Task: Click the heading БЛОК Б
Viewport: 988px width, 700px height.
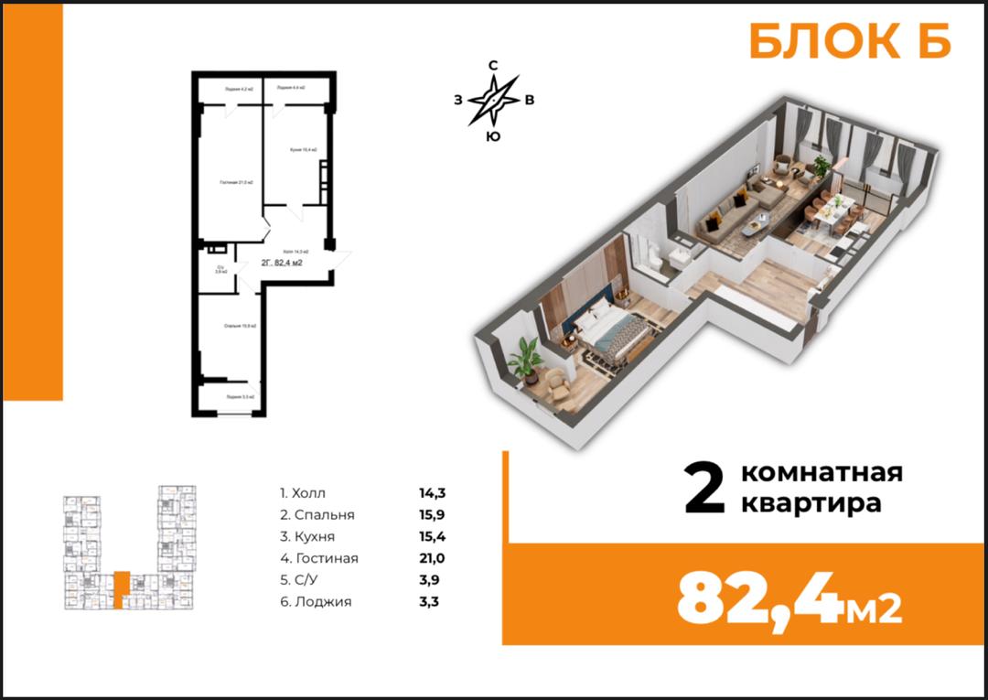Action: [x=850, y=42]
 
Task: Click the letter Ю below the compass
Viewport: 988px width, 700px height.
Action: [x=493, y=137]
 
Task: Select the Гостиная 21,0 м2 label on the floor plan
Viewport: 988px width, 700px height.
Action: [x=235, y=183]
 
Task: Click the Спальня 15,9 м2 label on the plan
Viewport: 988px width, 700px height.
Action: [x=240, y=326]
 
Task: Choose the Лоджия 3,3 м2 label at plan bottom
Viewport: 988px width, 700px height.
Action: [x=241, y=397]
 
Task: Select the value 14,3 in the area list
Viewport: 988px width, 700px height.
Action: [x=432, y=493]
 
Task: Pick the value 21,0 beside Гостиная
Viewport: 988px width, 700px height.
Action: [x=433, y=558]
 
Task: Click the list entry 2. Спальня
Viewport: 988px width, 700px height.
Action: [x=317, y=515]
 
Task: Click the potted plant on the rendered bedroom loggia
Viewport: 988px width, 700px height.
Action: [x=525, y=358]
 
